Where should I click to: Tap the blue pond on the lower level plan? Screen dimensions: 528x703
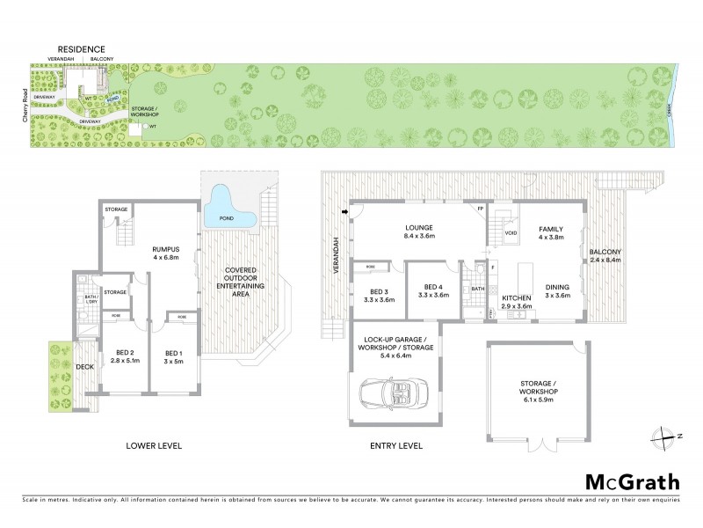229,212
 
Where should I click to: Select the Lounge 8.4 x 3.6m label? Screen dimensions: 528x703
417,231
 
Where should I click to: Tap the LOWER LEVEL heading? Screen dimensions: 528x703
154,446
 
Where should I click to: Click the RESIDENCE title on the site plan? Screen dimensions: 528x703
82,48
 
